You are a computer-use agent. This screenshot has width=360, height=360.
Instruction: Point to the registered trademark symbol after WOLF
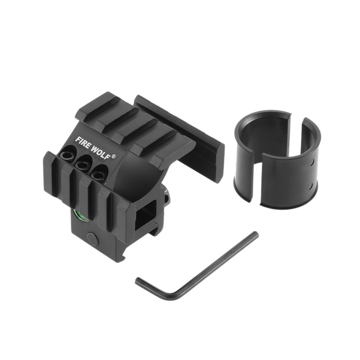(114, 156)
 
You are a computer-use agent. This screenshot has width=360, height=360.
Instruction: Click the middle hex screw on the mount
(82, 163)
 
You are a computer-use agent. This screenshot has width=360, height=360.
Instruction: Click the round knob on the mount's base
(93, 237)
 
